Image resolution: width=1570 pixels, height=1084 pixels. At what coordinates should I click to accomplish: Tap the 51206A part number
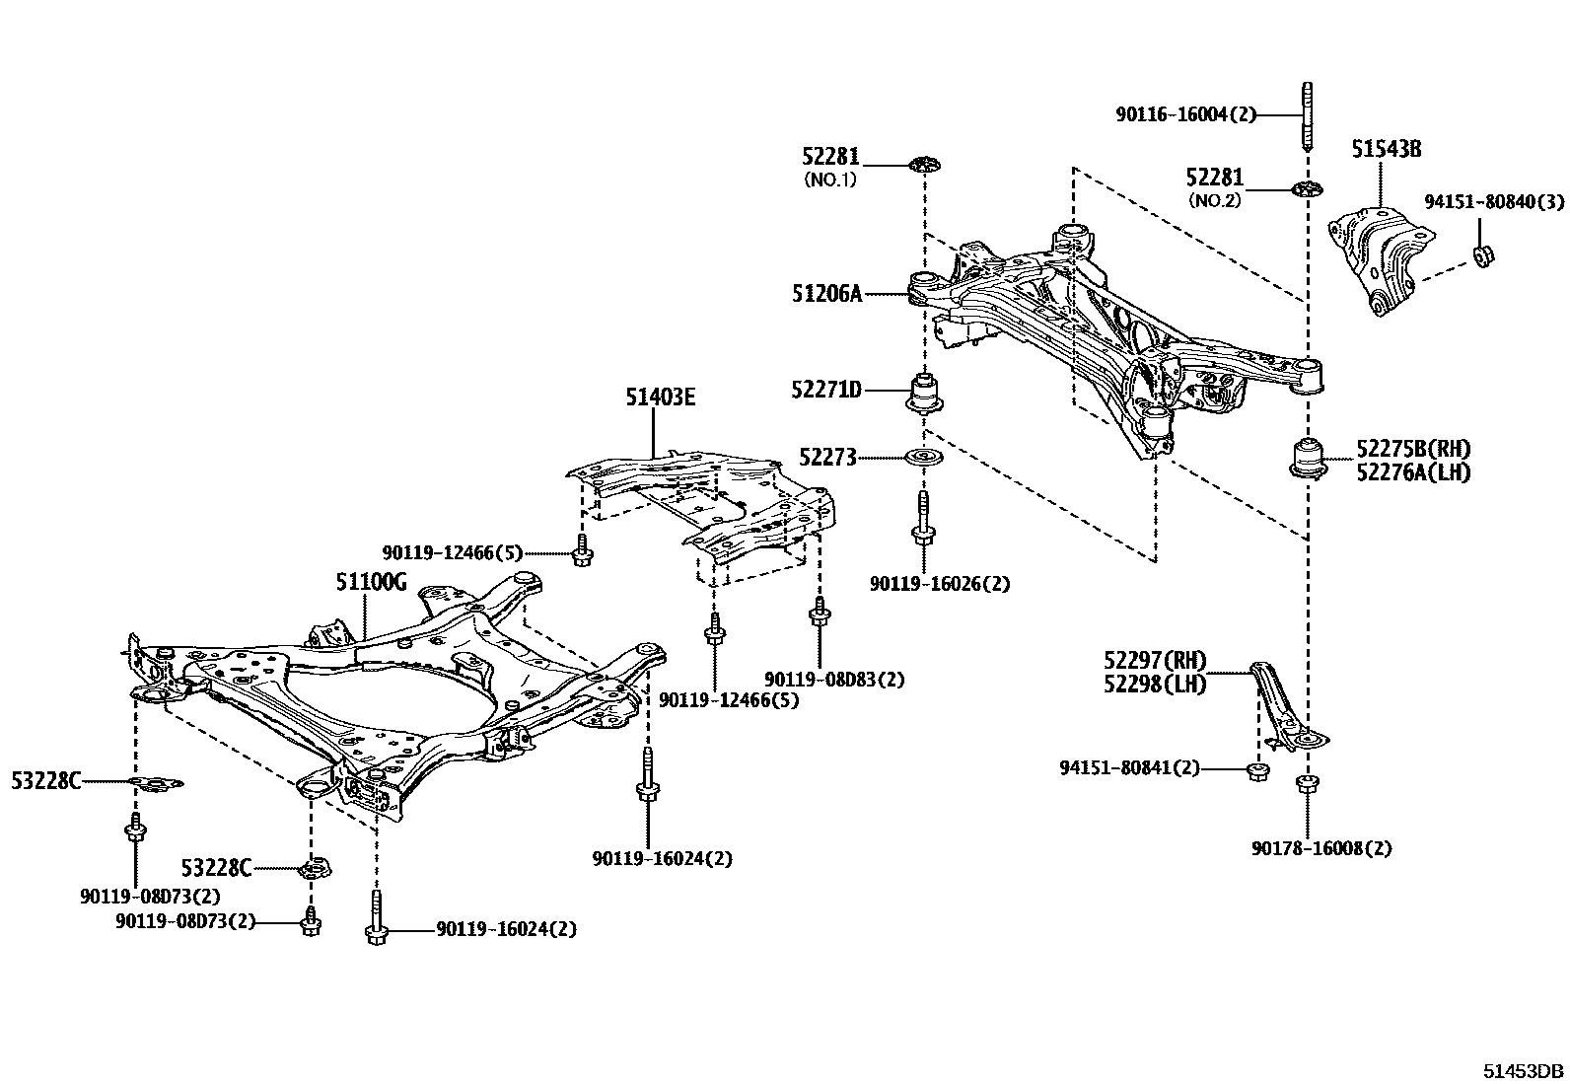pyautogui.click(x=825, y=293)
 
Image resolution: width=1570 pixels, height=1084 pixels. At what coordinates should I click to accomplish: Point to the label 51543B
pyautogui.click(x=1386, y=150)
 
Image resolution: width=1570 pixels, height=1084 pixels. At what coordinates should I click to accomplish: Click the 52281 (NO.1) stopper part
pyautogui.click(x=924, y=164)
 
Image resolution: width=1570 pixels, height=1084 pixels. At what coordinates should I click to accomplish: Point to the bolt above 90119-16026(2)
pyautogui.click(x=923, y=522)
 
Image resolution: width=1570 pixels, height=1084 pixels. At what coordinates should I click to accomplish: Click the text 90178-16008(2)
pyautogui.click(x=1321, y=848)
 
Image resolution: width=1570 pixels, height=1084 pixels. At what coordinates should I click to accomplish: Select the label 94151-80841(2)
pyautogui.click(x=1129, y=767)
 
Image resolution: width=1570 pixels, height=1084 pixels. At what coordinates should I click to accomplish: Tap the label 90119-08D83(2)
pyautogui.click(x=834, y=679)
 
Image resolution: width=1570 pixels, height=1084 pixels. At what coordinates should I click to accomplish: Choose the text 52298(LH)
pyautogui.click(x=1155, y=684)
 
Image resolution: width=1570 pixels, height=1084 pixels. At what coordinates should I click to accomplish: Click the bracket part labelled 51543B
pyautogui.click(x=1376, y=256)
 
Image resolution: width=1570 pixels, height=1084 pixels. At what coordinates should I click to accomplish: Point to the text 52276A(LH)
pyautogui.click(x=1412, y=472)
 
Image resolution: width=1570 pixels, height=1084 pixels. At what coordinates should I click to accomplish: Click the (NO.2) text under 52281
pyautogui.click(x=1215, y=200)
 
